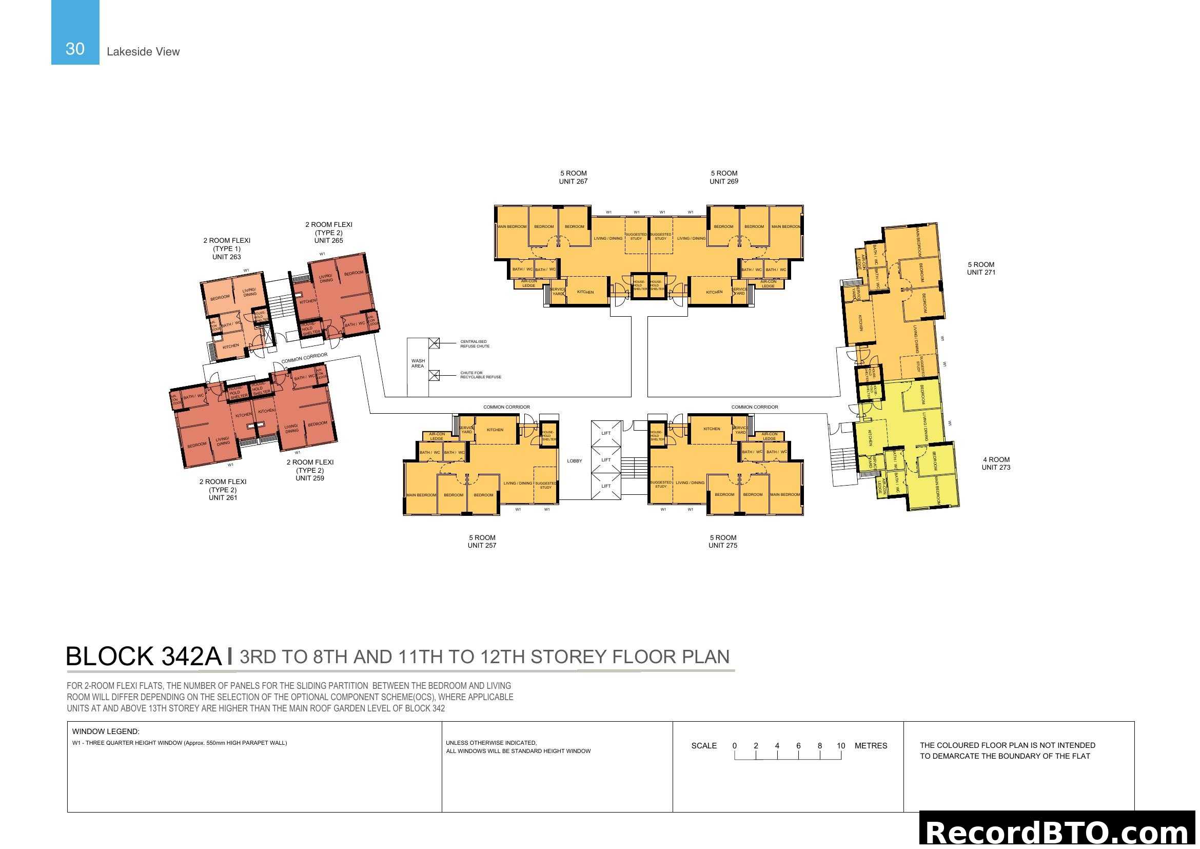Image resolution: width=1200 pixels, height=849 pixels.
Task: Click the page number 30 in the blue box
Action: point(75,49)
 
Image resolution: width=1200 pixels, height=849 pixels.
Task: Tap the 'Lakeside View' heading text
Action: point(143,52)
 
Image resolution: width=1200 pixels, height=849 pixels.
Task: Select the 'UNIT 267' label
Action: point(573,181)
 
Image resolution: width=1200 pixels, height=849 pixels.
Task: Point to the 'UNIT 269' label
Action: point(723,181)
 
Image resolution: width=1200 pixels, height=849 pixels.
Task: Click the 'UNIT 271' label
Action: point(980,273)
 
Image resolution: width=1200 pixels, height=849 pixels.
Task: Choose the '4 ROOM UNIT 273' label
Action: point(996,464)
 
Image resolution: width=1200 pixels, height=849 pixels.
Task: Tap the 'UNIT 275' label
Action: point(722,545)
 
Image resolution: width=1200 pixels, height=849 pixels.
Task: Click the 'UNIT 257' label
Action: point(481,545)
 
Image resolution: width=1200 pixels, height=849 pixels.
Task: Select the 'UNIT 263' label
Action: point(226,257)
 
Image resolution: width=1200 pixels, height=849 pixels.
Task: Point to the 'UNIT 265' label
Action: point(328,240)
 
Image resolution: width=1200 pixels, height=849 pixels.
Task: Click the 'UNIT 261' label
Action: point(223,498)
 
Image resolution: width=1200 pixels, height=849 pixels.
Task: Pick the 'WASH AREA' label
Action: point(418,363)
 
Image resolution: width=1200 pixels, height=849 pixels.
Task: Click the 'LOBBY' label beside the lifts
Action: point(574,461)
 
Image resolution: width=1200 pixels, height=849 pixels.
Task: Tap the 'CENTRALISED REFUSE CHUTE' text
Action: point(475,344)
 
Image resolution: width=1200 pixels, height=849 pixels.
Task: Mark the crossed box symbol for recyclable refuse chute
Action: point(434,375)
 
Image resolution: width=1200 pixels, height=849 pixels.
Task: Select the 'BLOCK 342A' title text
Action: point(144,657)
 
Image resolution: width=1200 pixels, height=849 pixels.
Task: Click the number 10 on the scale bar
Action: point(840,746)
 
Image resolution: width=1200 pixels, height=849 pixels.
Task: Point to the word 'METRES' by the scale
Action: point(870,746)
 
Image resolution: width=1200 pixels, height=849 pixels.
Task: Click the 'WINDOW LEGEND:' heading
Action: point(106,731)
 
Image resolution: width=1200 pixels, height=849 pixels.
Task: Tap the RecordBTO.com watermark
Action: point(1057,832)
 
